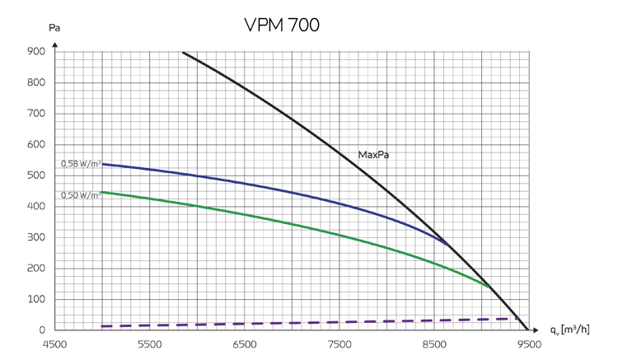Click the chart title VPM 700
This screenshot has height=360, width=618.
(282, 25)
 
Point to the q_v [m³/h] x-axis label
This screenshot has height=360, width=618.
(569, 330)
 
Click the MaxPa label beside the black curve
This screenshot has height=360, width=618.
(373, 154)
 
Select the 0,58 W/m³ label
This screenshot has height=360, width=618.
(81, 164)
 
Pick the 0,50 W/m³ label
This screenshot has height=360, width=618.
(81, 194)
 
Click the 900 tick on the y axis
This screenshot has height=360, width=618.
(36, 52)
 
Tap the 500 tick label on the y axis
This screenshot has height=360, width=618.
(36, 175)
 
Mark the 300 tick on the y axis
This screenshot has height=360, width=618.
(36, 237)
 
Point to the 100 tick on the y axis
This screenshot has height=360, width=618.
(36, 299)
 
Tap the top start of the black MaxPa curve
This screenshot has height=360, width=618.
(183, 52)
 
